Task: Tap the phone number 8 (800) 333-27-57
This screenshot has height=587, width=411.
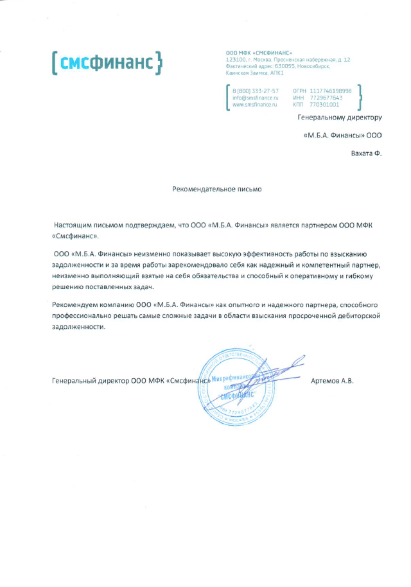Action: click(x=255, y=91)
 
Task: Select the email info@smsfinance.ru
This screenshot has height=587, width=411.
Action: click(x=255, y=98)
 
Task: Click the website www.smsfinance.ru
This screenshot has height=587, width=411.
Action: click(x=254, y=104)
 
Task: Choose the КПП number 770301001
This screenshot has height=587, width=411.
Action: click(x=324, y=104)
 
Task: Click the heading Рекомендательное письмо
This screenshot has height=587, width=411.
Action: click(x=217, y=189)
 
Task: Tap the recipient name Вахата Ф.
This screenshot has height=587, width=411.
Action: click(x=366, y=153)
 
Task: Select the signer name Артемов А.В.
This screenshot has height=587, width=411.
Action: click(x=332, y=381)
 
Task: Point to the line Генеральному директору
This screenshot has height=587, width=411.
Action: click(x=340, y=118)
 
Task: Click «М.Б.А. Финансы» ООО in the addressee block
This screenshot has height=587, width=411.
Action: click(x=342, y=136)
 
